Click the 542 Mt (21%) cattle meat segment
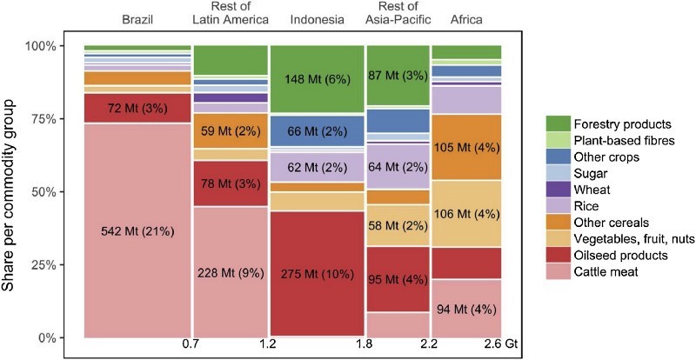pos(137,230)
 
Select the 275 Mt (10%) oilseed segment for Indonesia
pos(317,273)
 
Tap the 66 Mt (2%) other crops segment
pos(317,130)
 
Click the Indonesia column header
pos(317,19)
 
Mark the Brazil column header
pos(137,19)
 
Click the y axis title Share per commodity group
pos(13,190)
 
